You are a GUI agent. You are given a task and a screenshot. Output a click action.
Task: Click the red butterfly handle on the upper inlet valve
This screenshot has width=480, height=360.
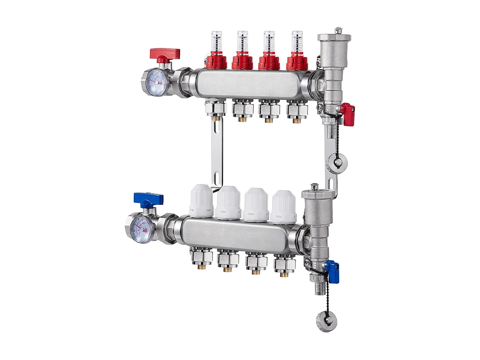click(165, 53)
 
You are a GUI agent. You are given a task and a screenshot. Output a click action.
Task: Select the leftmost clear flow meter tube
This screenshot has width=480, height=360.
click(217, 42)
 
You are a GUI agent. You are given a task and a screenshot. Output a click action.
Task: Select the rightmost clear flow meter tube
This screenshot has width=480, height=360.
click(297, 42)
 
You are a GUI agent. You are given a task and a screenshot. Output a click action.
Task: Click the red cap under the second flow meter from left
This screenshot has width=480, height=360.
click(243, 62)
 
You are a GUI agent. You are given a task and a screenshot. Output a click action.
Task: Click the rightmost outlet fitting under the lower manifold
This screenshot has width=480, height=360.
click(284, 264)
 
